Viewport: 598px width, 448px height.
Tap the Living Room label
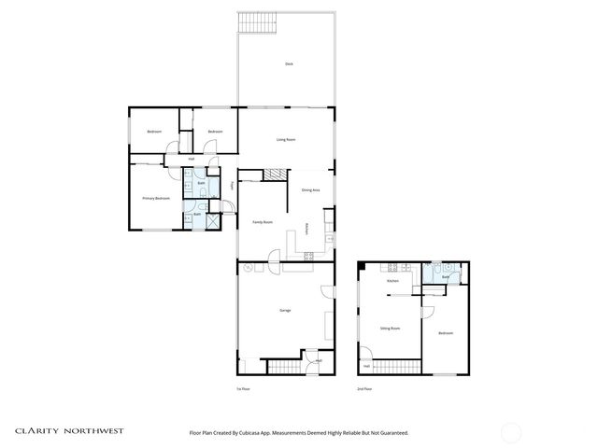pos(286,140)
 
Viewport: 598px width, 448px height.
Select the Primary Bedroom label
pos(155,198)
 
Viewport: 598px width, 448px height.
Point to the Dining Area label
pos(311,190)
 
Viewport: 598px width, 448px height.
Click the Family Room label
pos(263,222)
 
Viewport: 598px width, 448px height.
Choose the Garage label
pos(284,310)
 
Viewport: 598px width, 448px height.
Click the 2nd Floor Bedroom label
pos(446,333)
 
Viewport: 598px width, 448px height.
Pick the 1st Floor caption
pos(243,388)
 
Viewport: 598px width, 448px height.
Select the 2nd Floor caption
pos(363,388)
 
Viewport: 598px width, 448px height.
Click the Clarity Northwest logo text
pos(68,432)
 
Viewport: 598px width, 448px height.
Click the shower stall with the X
pos(212,221)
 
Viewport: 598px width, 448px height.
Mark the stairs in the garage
pos(283,365)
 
